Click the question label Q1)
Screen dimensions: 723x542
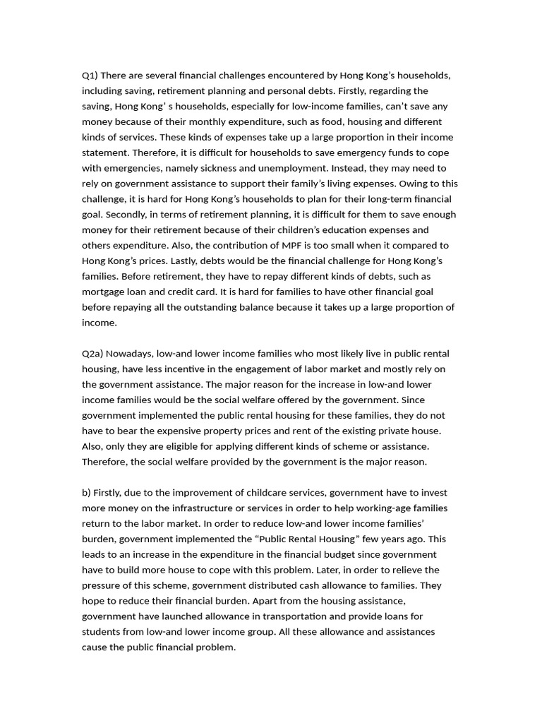pos(90,76)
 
